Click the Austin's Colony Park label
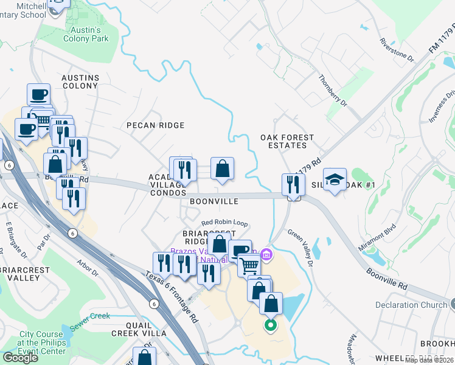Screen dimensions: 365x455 (86, 33)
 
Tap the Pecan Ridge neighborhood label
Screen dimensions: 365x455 (155, 125)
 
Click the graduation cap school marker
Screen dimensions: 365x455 (335, 179)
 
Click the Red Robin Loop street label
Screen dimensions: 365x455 (224, 223)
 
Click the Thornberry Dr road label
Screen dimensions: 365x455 (333, 91)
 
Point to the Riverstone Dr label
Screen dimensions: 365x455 (396, 51)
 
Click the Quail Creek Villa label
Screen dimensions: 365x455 (139, 333)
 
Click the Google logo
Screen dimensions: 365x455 (20, 358)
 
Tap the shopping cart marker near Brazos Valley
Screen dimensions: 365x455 (249, 265)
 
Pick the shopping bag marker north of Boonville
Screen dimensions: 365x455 (222, 169)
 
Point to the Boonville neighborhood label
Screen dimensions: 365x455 (214, 201)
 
